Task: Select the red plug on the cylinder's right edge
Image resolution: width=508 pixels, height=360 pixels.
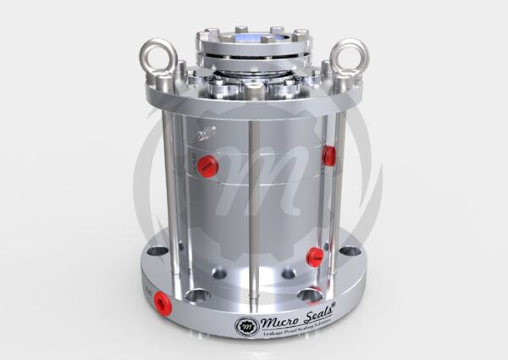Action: tap(329, 155)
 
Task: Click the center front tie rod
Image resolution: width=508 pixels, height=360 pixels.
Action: tap(251, 212)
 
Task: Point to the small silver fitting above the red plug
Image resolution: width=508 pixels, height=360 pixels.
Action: tap(204, 134)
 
